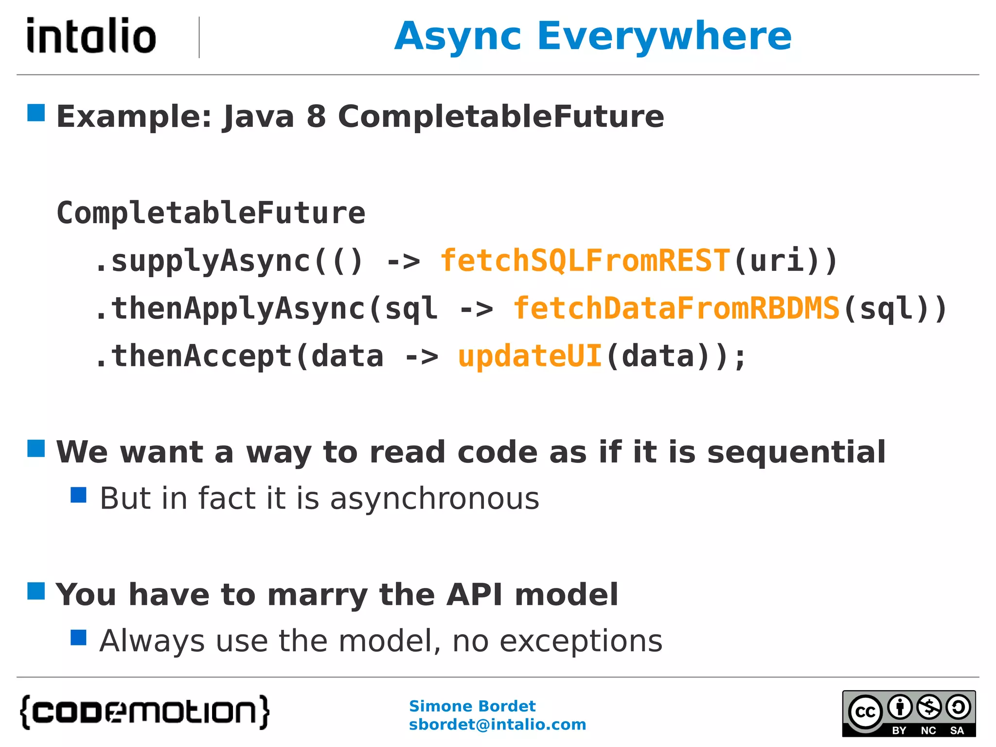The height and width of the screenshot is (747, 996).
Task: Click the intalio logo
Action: [91, 36]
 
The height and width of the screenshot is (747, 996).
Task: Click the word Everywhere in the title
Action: [664, 36]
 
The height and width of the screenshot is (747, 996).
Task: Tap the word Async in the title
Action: [458, 36]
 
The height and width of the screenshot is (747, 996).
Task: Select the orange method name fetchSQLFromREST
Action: [585, 261]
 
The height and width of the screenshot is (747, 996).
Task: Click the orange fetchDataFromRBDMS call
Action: [676, 308]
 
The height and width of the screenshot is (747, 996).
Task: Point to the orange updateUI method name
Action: [530, 356]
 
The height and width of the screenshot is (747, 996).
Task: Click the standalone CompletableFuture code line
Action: [211, 213]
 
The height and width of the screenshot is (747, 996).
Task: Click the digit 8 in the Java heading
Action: [316, 117]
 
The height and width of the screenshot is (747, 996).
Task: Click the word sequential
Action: [796, 452]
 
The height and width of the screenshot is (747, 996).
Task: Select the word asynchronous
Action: [434, 499]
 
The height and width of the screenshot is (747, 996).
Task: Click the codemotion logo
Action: [144, 712]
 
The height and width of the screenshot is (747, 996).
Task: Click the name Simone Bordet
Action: [472, 706]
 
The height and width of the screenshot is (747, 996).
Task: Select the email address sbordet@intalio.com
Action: [497, 725]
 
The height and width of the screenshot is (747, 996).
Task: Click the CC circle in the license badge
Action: [865, 712]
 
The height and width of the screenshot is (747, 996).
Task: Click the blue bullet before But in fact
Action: [78, 495]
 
